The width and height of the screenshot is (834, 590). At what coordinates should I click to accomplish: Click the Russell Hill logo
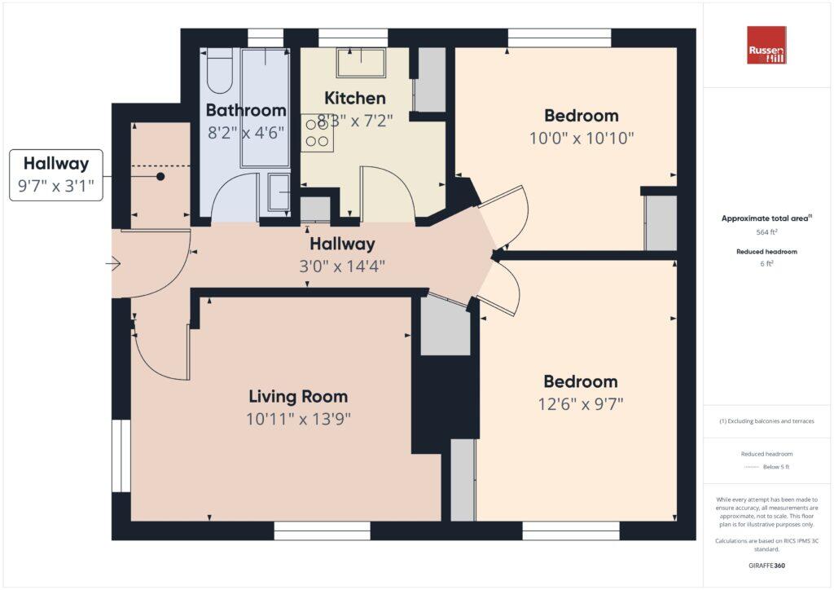(766, 46)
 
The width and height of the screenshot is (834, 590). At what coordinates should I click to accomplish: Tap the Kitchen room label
(354, 99)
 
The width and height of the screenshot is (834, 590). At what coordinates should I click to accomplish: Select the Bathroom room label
(245, 110)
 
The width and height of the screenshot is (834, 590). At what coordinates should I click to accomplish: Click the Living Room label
(298, 397)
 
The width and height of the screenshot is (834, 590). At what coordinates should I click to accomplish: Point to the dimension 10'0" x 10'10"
(582, 139)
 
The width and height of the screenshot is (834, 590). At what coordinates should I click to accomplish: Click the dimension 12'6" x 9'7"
(581, 404)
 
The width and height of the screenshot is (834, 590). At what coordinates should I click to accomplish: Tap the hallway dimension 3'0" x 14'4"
(342, 266)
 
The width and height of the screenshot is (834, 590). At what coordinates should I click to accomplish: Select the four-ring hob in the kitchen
(317, 133)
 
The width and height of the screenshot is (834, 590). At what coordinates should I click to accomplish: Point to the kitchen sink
(362, 64)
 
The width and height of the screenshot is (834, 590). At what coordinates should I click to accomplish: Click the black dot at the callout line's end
(160, 176)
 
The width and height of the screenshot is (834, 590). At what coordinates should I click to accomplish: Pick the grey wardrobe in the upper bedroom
(661, 222)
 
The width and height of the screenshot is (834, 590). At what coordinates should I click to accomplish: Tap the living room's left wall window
(121, 456)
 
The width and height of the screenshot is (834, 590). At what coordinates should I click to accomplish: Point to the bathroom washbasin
(278, 193)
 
